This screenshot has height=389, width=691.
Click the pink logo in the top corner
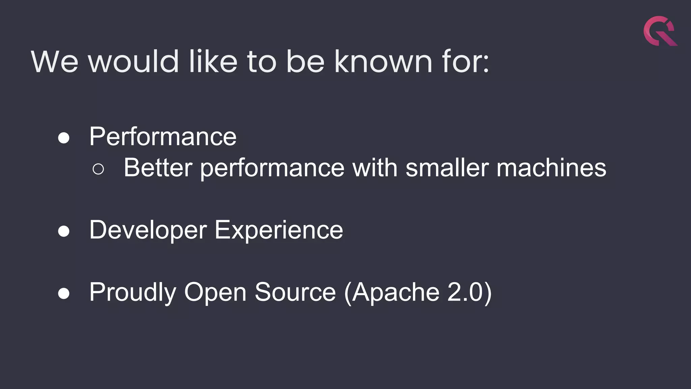point(660,31)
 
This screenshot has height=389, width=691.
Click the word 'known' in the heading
point(383,61)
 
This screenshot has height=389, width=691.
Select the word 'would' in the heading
point(133,61)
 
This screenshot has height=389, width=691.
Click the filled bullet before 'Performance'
point(64,138)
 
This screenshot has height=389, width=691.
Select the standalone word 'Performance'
point(163,137)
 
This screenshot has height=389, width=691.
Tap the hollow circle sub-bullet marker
point(98,169)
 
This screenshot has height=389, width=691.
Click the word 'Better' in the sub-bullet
point(158,168)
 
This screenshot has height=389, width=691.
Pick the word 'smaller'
point(447,168)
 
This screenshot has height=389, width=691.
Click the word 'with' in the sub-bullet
point(375,168)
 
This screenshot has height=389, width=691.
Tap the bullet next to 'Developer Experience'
point(64,231)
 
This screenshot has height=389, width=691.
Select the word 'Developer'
point(148,230)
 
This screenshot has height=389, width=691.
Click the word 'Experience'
point(279,230)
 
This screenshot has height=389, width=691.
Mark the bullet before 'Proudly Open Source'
point(64,293)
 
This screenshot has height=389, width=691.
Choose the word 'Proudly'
point(133,292)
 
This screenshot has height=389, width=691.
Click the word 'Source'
point(295,292)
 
